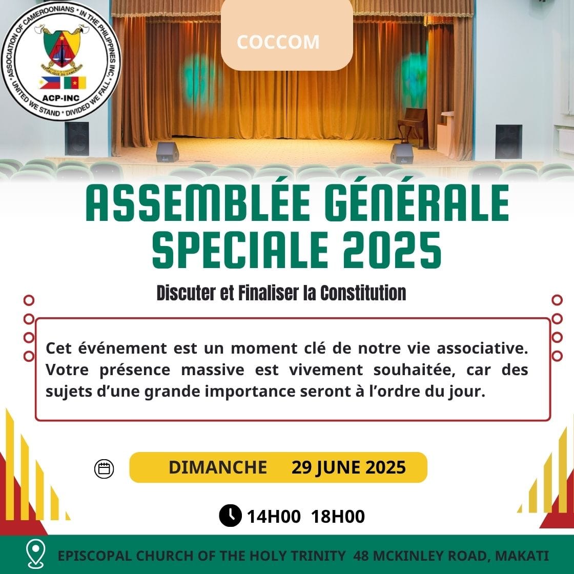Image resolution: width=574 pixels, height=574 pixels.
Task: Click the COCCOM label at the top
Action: coord(278,42)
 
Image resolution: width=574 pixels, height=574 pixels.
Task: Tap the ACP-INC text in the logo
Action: coord(61,98)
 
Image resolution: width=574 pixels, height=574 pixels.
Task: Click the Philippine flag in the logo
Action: coord(50,83)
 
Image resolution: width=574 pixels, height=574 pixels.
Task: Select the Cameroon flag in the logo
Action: coord(75,83)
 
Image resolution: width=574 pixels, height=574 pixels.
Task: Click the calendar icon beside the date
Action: coord(104,468)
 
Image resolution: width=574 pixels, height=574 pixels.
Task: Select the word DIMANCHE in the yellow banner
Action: coord(217,467)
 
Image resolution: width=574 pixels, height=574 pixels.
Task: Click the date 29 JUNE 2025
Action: coord(348,467)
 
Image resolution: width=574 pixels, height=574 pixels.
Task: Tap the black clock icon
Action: coord(230,516)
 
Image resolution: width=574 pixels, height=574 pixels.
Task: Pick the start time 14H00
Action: coord(274,517)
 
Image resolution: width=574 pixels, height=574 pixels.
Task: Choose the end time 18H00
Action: coord(338,517)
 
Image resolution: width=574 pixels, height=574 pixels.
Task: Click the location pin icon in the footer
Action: coord(36,554)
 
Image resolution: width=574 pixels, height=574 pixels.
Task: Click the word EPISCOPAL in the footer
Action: coord(94,556)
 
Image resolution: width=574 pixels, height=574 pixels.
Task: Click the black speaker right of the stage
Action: coord(508,141)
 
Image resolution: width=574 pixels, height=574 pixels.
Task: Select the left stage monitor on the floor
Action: coord(167,152)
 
